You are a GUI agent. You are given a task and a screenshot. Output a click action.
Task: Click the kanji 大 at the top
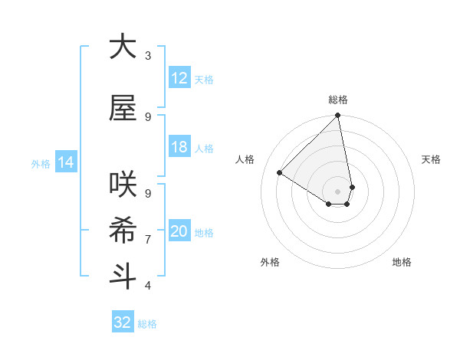click(x=123, y=47)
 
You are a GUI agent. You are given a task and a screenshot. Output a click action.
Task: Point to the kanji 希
click(x=123, y=230)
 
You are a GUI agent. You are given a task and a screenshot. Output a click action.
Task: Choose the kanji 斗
click(x=123, y=276)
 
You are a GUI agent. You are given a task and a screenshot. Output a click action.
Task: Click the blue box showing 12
click(x=179, y=78)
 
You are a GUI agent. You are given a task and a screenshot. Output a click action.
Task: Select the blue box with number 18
click(x=179, y=147)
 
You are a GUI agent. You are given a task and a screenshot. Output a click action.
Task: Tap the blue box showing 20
click(x=179, y=231)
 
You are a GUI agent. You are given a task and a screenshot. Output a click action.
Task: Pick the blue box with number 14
click(x=65, y=162)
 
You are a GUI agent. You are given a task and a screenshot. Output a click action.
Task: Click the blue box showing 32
click(x=123, y=322)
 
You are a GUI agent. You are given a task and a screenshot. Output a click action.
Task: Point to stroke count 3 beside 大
click(x=148, y=55)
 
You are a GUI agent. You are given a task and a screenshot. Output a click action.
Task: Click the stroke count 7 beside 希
click(x=148, y=239)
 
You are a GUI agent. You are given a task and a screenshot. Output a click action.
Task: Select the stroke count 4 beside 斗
click(x=148, y=285)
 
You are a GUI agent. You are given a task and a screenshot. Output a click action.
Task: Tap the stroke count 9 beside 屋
click(x=148, y=116)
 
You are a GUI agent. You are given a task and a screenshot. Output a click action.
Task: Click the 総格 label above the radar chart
click(x=337, y=100)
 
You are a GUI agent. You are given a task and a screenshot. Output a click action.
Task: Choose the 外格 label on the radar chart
click(x=270, y=262)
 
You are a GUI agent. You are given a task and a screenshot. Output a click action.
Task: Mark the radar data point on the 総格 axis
click(x=337, y=116)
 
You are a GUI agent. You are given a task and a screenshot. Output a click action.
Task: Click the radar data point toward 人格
click(x=280, y=173)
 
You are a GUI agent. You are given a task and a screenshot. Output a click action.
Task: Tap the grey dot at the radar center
click(x=337, y=191)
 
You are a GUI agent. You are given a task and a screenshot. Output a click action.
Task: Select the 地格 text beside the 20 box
click(x=205, y=233)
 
